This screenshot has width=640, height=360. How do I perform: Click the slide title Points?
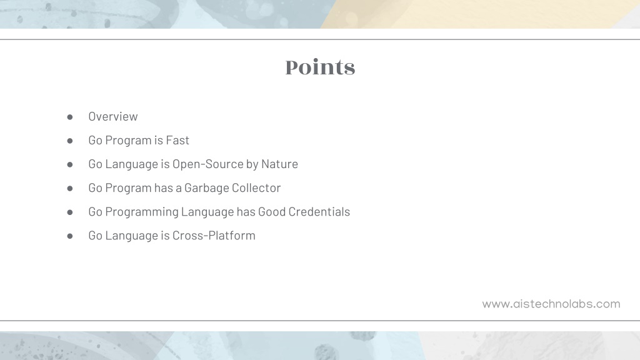pos(320,67)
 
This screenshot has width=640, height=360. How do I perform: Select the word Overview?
pos(113,116)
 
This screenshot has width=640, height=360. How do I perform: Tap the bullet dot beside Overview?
pos(70,117)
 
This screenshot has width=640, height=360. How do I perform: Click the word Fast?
pos(177,140)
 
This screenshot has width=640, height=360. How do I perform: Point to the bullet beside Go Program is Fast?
pos(70,141)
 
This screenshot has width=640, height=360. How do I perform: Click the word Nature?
pos(279,164)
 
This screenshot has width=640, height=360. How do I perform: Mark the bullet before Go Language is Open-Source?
pos(70,164)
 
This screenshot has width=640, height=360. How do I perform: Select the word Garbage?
pos(206,188)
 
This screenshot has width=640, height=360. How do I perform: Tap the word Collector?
pos(256,187)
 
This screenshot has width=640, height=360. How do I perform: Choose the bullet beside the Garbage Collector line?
pos(70,189)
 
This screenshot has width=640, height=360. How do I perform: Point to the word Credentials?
pos(319,211)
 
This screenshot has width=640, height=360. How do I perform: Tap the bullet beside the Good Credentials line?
pos(70,212)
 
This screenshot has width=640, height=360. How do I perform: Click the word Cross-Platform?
pos(214,235)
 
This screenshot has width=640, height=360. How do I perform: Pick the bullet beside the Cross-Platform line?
pos(70,236)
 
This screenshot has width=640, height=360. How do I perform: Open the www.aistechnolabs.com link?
pos(551,304)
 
